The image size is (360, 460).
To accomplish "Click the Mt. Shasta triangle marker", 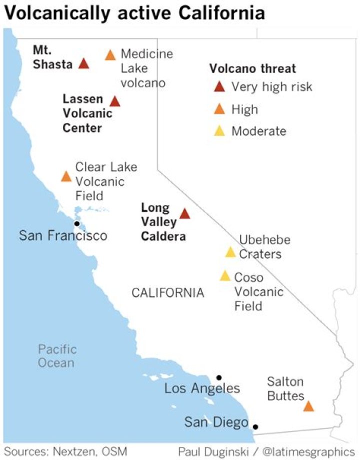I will click(x=83, y=64).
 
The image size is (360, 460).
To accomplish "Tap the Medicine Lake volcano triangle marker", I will click(x=110, y=55).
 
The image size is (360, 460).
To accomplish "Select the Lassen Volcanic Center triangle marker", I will click(x=114, y=101).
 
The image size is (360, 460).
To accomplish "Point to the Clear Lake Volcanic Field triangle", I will click(x=66, y=176).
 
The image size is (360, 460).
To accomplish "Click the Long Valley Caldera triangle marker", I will click(x=184, y=214).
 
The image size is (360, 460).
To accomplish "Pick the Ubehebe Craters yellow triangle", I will click(x=230, y=252).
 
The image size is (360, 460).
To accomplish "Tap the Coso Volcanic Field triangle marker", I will click(x=225, y=276).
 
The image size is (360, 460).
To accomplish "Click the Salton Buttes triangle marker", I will click(x=309, y=406).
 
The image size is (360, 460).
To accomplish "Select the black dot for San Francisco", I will click(x=77, y=224).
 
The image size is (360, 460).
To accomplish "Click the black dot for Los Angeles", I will click(x=219, y=378).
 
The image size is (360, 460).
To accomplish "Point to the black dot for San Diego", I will click(x=255, y=427).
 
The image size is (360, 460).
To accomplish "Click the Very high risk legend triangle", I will click(x=219, y=87).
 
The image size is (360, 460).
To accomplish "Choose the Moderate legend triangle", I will click(x=219, y=131).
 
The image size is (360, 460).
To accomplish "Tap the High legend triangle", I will click(x=219, y=109).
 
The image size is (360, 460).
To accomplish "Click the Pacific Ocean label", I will click(x=57, y=356).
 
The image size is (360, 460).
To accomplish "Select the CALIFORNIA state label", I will click(x=167, y=293).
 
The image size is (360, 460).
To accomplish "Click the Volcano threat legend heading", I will click(x=252, y=68).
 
